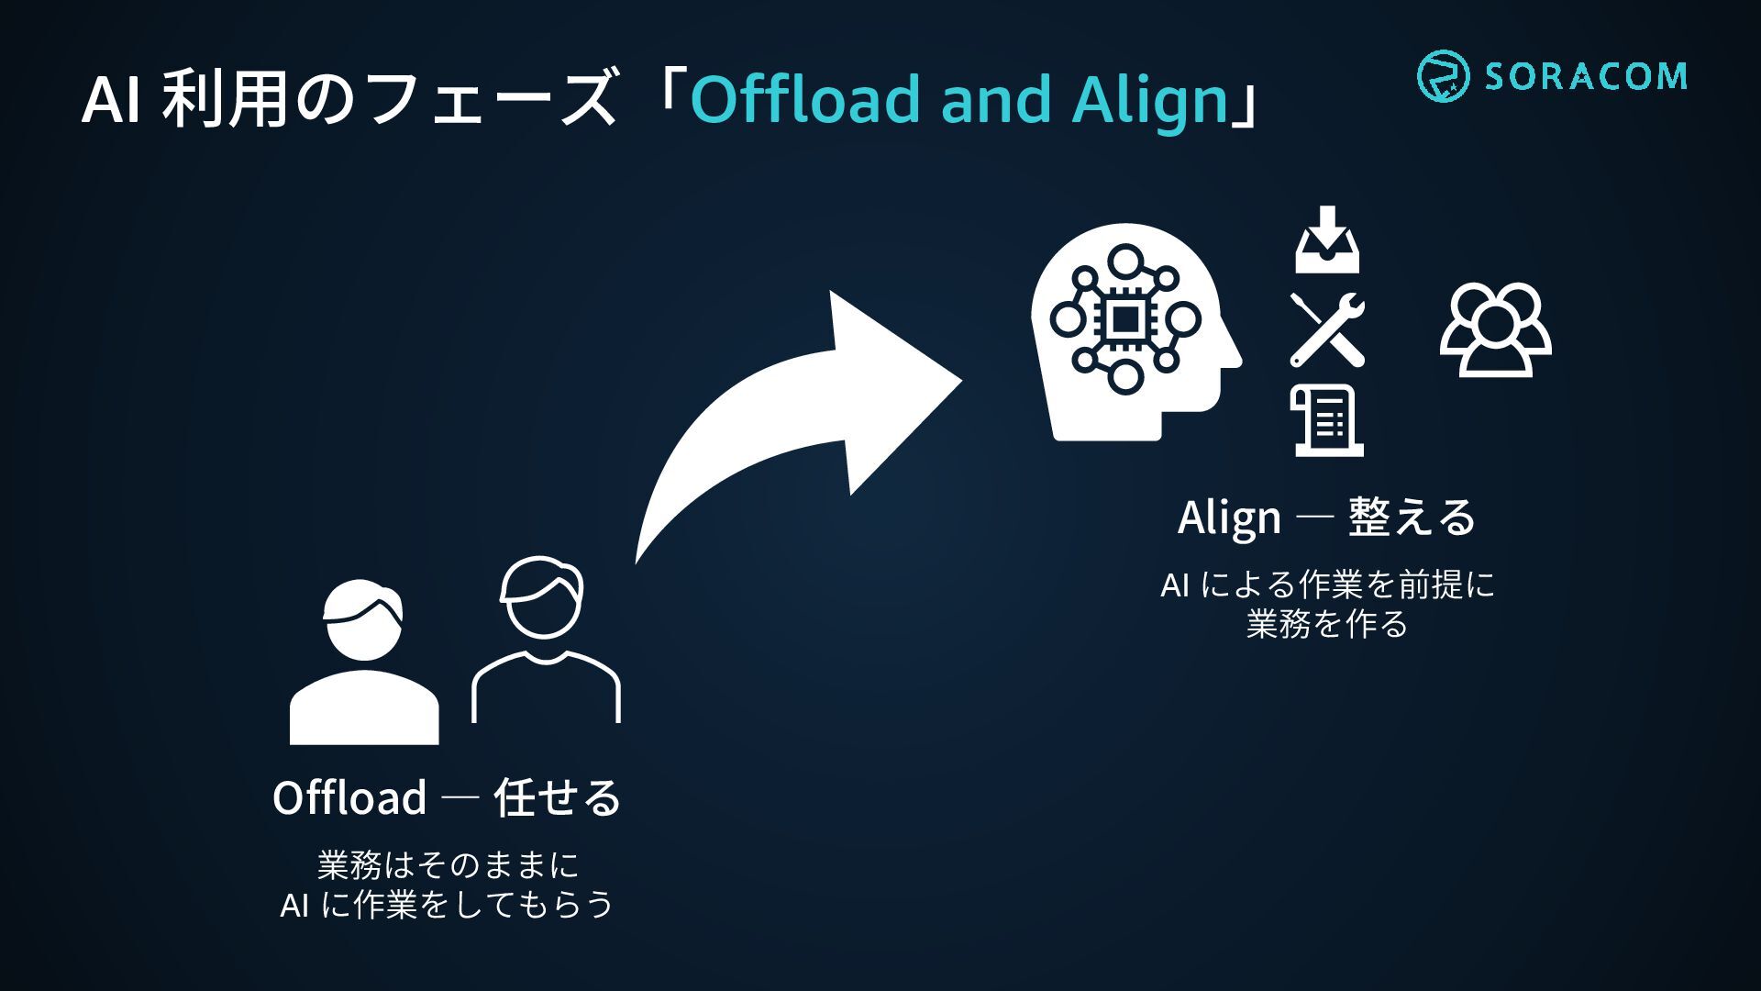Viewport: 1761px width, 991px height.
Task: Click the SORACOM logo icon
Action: point(1443,75)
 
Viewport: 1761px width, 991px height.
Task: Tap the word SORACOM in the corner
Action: point(1586,76)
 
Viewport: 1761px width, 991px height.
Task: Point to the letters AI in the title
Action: point(110,100)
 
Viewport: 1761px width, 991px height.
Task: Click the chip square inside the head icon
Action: point(1125,319)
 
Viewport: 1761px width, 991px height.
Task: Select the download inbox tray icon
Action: point(1327,241)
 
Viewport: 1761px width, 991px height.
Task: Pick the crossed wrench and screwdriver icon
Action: point(1327,329)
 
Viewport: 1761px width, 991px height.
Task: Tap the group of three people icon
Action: point(1495,329)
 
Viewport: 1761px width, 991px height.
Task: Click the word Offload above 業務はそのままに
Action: point(349,797)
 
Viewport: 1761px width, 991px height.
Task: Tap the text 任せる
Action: point(558,797)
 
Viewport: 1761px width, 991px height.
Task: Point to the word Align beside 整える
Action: point(1229,518)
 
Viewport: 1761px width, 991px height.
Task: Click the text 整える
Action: point(1412,518)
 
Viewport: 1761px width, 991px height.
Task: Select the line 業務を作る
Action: point(1326,625)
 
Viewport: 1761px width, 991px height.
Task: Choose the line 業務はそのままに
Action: point(448,865)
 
